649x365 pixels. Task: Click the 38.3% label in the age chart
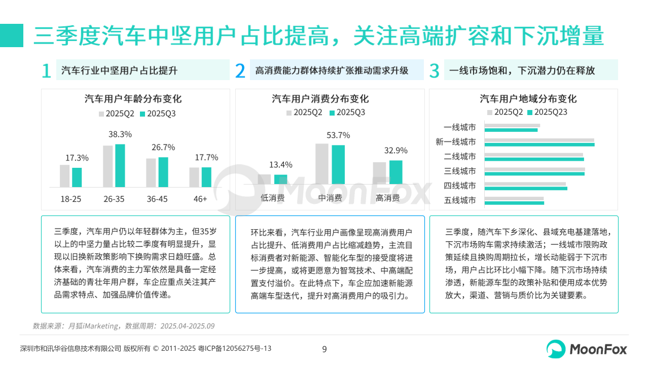click(x=120, y=134)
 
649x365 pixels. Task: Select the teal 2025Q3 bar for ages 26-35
click(x=120, y=166)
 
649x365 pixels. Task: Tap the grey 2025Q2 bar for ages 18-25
click(x=64, y=176)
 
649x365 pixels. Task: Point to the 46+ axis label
click(x=200, y=199)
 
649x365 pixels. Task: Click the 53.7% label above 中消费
click(x=338, y=135)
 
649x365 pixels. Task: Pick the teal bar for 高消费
click(x=396, y=172)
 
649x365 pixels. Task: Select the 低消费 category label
click(x=273, y=198)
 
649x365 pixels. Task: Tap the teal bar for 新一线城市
click(x=539, y=144)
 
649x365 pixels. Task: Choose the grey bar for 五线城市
click(x=514, y=198)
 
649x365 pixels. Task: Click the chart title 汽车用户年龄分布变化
click(x=133, y=99)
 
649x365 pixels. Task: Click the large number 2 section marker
click(x=240, y=71)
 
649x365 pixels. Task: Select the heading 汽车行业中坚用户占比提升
click(x=119, y=70)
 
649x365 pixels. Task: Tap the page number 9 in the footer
click(x=324, y=349)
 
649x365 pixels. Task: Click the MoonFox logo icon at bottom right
click(x=556, y=349)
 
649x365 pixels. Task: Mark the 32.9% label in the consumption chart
click(x=396, y=151)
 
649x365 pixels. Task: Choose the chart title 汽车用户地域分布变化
click(x=528, y=99)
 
